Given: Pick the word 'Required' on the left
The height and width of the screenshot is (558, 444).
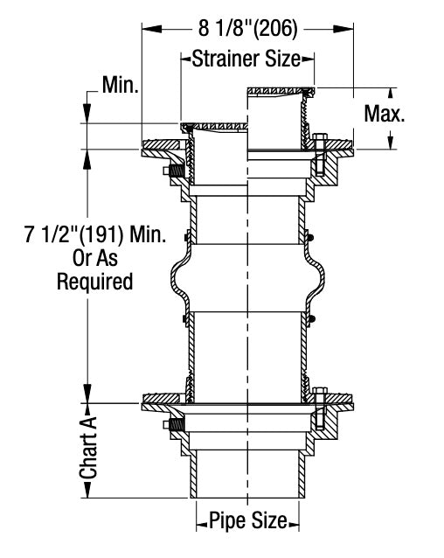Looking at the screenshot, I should click(x=95, y=282).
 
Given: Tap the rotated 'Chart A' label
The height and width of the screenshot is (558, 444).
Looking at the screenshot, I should click(x=88, y=448).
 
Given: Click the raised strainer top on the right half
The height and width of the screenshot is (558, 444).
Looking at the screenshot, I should click(x=280, y=89).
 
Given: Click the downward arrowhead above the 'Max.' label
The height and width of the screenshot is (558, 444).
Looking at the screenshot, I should click(x=391, y=93).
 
